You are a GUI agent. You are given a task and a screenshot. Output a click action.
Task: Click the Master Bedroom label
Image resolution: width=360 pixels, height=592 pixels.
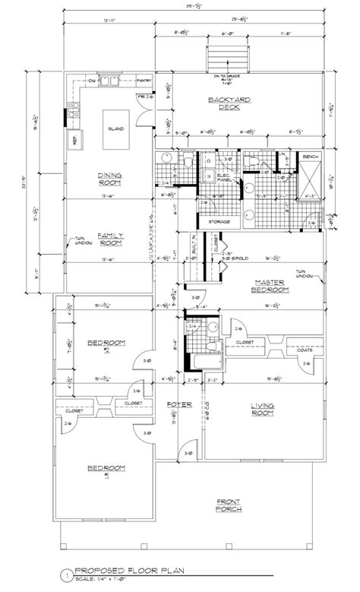coord(271,286)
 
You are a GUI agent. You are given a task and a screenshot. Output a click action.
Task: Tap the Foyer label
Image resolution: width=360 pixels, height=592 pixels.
coord(179,404)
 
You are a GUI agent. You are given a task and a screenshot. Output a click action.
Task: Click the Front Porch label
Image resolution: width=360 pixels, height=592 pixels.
coord(230,505)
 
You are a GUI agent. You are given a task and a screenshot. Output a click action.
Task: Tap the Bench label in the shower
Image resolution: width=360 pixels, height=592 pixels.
coord(310,156)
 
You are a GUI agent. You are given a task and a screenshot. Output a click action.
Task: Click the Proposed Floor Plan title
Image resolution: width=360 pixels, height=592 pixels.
coord(124,575)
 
